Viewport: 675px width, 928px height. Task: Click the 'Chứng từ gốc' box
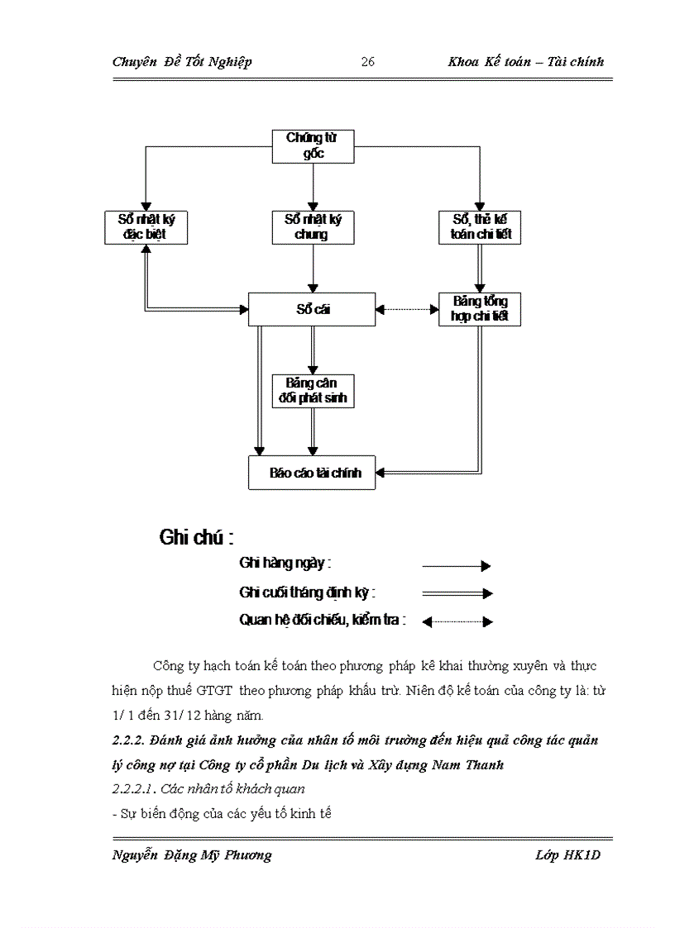click(x=313, y=146)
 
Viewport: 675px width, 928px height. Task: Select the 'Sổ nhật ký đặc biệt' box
click(x=146, y=227)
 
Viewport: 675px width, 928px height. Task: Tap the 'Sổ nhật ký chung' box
click(x=313, y=227)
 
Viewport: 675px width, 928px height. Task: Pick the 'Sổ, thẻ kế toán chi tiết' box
click(x=480, y=227)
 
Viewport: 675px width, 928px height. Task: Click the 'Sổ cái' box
click(x=312, y=310)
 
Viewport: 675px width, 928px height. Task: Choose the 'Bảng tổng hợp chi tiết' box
click(x=480, y=309)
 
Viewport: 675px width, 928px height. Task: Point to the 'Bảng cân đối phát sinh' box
click(x=313, y=391)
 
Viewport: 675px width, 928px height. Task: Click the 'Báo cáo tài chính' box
click(x=312, y=473)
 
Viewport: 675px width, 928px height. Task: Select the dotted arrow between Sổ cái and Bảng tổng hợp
click(x=407, y=310)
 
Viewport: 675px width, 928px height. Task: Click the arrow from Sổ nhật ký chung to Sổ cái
click(x=313, y=269)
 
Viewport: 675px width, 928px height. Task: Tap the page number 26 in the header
click(x=368, y=62)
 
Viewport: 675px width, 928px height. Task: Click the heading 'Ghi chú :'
click(x=196, y=538)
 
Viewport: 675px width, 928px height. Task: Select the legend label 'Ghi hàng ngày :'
click(x=285, y=564)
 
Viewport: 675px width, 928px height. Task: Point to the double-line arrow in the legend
click(x=457, y=593)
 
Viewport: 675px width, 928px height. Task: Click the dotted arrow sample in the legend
click(x=457, y=621)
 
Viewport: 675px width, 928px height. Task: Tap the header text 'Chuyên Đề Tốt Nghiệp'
click(x=182, y=62)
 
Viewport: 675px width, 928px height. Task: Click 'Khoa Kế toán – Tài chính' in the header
click(x=525, y=62)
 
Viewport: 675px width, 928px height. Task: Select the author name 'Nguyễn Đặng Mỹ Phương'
click(x=192, y=855)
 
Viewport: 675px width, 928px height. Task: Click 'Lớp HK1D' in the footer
click(x=567, y=855)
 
